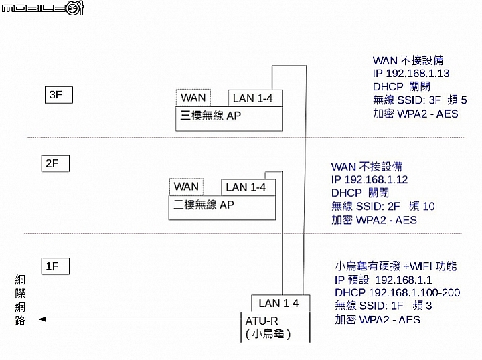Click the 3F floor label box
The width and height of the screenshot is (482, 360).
[x=59, y=95]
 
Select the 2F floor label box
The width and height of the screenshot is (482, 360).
[x=56, y=163]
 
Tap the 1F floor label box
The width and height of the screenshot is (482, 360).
[x=56, y=266]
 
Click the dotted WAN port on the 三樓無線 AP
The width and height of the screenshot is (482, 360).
[x=193, y=98]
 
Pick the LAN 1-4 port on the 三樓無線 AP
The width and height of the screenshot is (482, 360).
[x=255, y=98]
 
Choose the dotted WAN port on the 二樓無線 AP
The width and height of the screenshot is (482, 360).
[x=186, y=187]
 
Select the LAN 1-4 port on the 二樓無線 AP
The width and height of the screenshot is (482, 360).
[x=248, y=187]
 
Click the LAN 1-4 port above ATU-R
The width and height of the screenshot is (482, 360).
[x=280, y=304]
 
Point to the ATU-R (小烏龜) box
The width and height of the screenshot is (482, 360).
[x=275, y=327]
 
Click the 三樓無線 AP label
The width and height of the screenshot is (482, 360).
[x=211, y=116]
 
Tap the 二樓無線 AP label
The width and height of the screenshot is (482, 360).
[x=204, y=205]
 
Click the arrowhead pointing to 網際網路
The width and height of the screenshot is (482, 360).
[x=42, y=319]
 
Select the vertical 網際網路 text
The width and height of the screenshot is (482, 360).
[x=20, y=300]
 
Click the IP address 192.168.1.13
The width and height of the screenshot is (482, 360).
[x=418, y=74]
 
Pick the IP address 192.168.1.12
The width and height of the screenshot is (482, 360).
[x=376, y=179]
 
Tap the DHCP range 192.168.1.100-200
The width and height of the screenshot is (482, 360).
[x=414, y=292]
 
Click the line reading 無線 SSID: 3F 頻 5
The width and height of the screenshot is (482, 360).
[x=420, y=100]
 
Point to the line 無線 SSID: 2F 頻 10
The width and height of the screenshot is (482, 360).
[x=383, y=206]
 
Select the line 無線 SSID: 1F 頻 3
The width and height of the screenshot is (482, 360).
[x=384, y=306]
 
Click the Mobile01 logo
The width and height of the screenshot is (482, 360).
[x=43, y=8]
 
